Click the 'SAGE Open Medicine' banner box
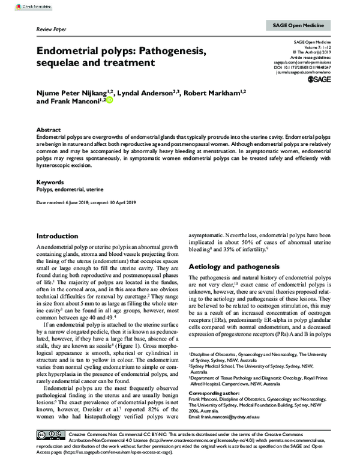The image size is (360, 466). coord(295,26)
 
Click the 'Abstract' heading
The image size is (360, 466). coord(49,130)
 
